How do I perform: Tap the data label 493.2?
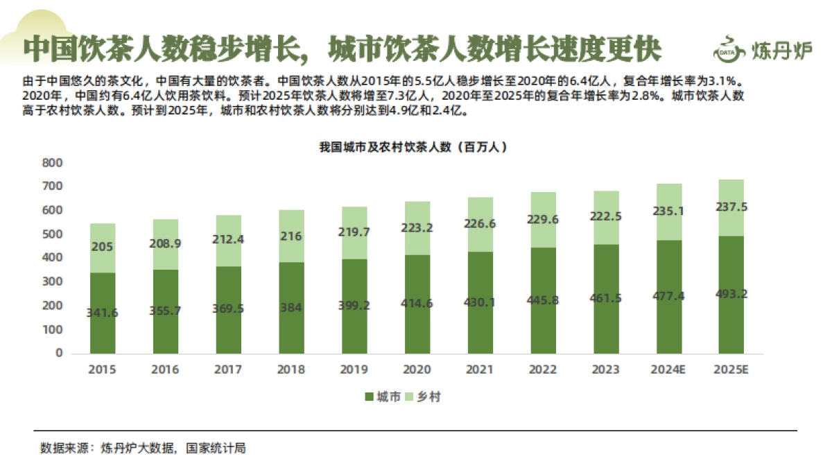coord(731,294)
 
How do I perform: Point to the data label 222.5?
coord(605,216)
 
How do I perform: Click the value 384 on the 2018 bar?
coord(291,308)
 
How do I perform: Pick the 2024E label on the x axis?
coord(668,370)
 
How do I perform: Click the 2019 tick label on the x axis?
coord(354,370)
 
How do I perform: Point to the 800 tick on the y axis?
coord(53,163)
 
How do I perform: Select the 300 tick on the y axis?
coord(53,281)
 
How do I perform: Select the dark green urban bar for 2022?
coord(542,326)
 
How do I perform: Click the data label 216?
coord(291,236)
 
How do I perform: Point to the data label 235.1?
coord(668,211)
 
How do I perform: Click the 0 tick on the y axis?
coord(58,353)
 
